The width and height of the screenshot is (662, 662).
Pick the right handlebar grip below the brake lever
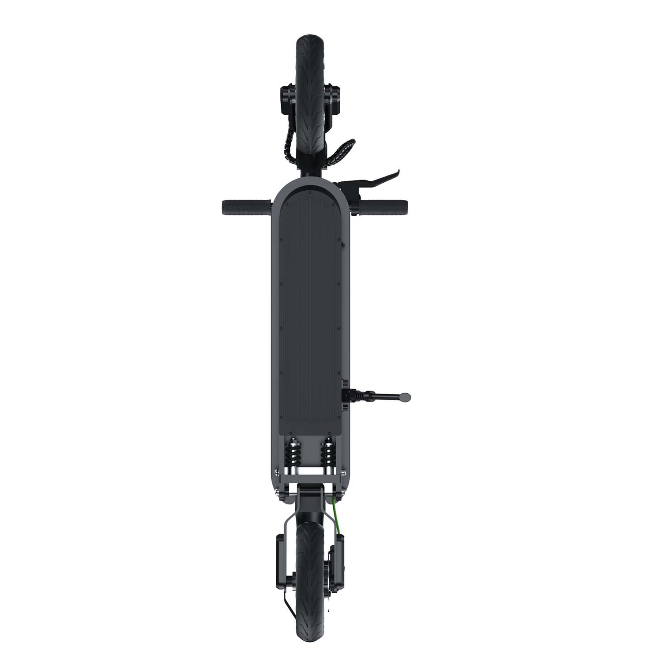point(384,206)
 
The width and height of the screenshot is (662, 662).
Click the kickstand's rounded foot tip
point(405,397)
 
